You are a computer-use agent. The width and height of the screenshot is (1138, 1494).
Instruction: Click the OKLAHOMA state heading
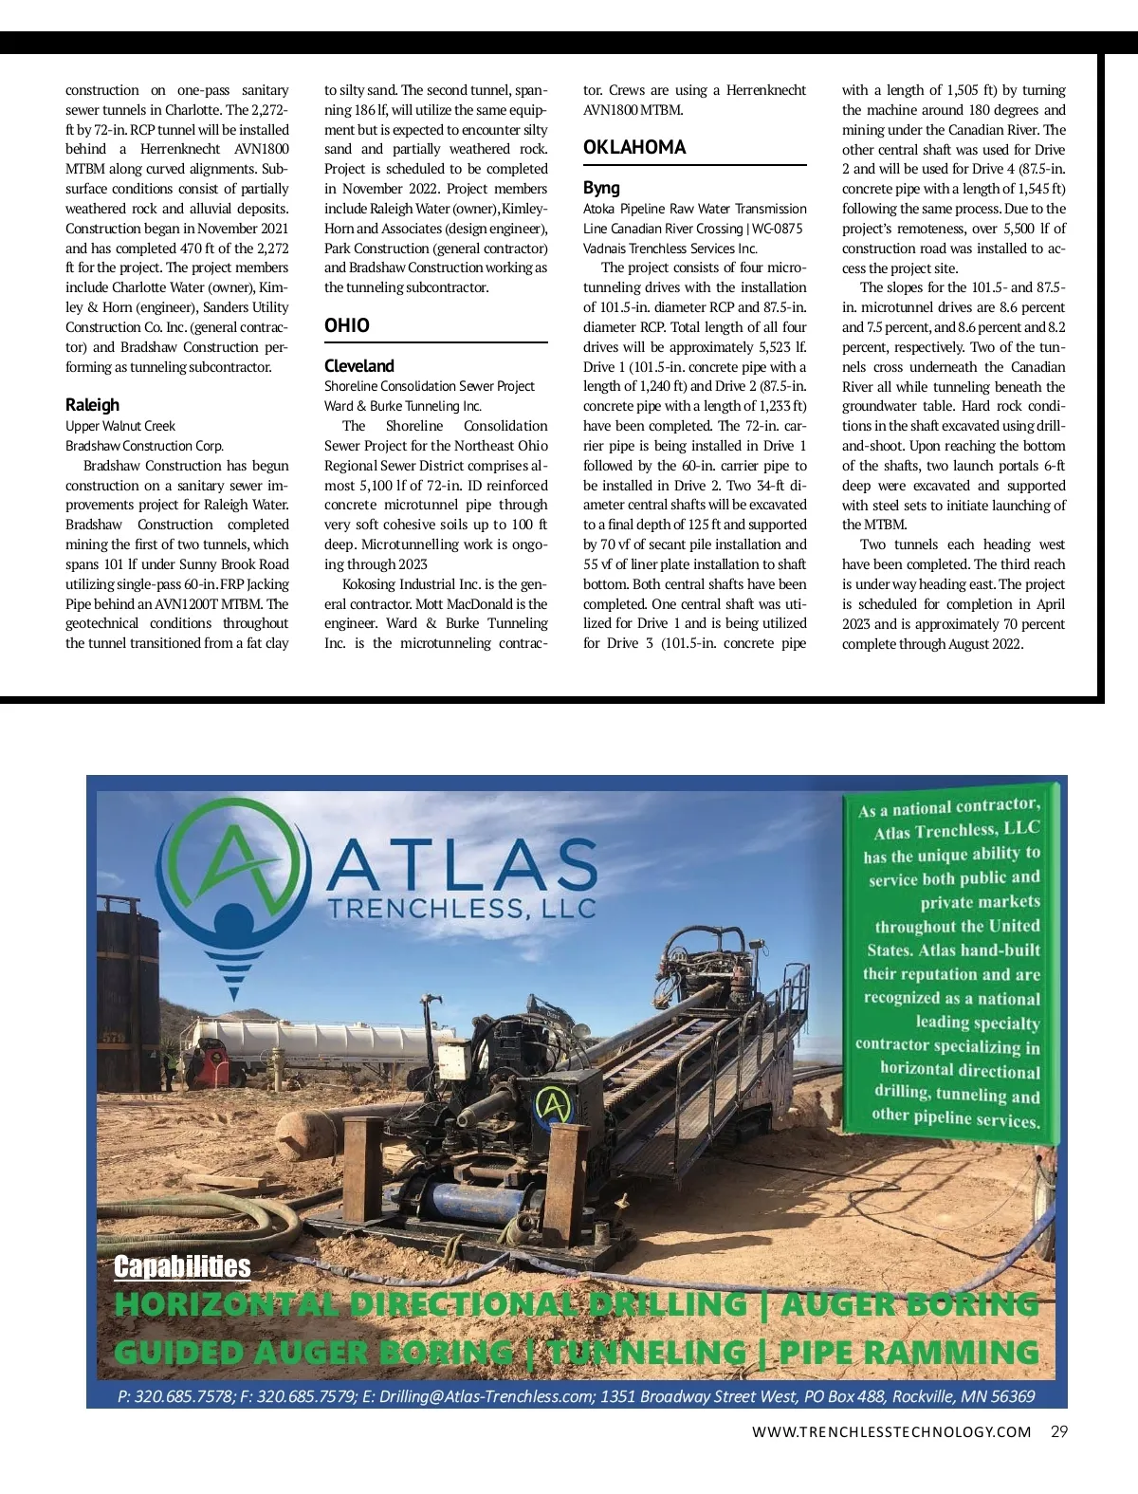coord(634,147)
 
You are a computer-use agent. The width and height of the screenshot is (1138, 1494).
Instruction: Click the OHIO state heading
coord(347,325)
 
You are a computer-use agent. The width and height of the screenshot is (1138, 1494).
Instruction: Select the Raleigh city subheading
coord(92,405)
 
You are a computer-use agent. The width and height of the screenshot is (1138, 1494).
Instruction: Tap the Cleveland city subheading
coord(358,366)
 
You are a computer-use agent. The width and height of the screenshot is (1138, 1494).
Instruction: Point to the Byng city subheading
coord(601,188)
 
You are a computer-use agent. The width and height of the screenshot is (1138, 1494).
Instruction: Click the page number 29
coord(1059,1431)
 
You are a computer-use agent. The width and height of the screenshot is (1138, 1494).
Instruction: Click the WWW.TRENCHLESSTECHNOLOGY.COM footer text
coord(891,1432)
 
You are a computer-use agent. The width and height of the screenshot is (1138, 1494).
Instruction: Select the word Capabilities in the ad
coord(182,1266)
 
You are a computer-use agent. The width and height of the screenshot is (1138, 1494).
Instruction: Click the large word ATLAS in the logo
coord(463,864)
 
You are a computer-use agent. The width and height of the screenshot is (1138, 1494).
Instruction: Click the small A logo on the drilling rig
coord(554,1104)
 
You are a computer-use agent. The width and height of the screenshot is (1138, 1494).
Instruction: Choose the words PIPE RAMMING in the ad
coord(909,1352)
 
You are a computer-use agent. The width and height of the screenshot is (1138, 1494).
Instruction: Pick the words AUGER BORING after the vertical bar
coord(910,1304)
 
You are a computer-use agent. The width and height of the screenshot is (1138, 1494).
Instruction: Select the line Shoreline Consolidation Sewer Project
coord(429,386)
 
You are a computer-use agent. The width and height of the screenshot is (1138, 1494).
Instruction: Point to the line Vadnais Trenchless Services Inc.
coord(670,249)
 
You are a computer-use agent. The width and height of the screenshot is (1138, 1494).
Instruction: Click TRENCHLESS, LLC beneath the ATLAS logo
coord(461,908)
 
